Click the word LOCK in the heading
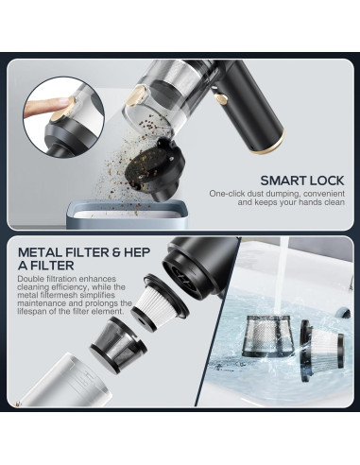[327, 181]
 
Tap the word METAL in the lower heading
[40, 252]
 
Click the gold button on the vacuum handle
[221, 99]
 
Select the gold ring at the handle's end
[267, 144]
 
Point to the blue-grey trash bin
[127, 215]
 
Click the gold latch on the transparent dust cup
[138, 97]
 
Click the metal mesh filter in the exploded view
[119, 344]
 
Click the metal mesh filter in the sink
[268, 336]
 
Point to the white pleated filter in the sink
[322, 350]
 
